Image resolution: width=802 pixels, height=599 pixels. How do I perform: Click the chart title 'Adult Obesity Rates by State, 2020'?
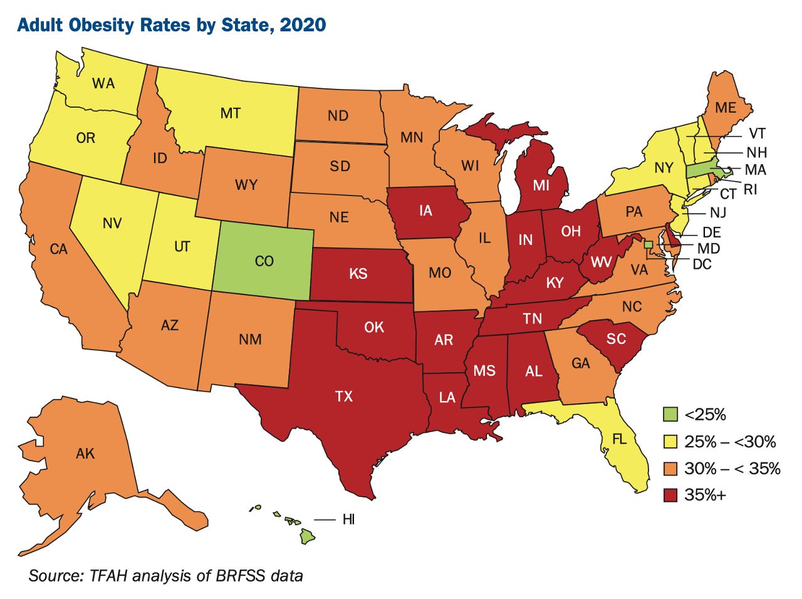tap(172, 25)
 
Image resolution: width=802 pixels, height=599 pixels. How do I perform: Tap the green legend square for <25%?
tap(671, 414)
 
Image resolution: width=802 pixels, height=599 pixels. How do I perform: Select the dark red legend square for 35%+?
tap(671, 495)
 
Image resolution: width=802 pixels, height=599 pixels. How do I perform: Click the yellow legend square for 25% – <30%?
tap(671, 442)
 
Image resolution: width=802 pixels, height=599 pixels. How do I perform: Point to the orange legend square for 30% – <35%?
tap(671, 469)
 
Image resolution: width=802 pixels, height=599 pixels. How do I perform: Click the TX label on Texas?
tap(344, 396)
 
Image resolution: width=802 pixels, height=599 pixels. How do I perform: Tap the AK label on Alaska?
tap(85, 453)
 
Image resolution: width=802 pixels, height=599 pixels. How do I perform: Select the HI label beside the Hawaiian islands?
tap(348, 519)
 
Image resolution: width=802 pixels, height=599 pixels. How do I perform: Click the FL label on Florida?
tap(619, 439)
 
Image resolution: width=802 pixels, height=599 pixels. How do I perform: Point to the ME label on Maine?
tap(726, 108)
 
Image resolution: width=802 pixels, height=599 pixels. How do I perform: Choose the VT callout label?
tap(756, 134)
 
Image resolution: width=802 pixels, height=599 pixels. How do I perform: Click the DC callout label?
tap(702, 264)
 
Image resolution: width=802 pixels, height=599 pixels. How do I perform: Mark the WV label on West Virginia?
tap(601, 262)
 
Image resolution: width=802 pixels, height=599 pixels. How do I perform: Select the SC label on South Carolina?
tap(616, 339)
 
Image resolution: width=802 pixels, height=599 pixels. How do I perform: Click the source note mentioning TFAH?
tap(165, 575)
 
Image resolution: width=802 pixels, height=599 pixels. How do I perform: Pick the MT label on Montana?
tap(231, 113)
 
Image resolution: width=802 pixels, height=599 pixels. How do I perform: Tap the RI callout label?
tap(750, 189)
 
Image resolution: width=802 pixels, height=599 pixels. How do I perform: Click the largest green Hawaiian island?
tap(308, 536)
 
